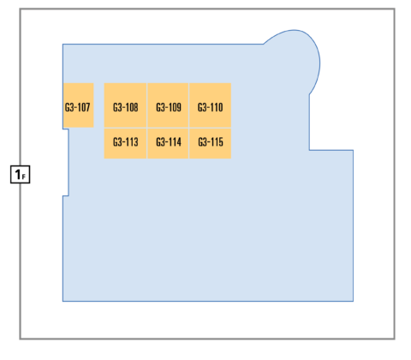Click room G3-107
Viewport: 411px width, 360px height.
(79, 105)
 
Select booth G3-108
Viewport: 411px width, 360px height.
(125, 105)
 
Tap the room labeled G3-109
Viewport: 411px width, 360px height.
(168, 105)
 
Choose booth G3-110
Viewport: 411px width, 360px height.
(211, 105)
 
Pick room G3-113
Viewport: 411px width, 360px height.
(125, 143)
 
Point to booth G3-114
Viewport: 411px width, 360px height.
(168, 143)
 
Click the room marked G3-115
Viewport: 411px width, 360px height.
(211, 143)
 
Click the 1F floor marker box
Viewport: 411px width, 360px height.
(21, 174)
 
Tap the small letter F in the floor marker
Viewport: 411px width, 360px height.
(24, 177)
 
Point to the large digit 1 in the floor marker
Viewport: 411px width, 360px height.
(18, 174)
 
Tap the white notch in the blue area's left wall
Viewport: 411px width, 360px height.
(66, 163)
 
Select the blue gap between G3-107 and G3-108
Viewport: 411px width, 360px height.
(99, 105)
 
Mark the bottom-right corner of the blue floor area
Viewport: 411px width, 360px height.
(354, 301)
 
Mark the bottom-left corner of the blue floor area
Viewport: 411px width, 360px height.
(63, 301)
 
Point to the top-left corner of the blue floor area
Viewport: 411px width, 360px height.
(63, 45)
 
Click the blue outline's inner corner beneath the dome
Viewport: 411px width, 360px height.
(309, 150)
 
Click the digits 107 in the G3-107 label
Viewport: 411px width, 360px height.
(84, 107)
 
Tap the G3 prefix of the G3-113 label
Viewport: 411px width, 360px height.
(117, 141)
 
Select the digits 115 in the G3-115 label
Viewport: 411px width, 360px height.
(217, 141)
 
